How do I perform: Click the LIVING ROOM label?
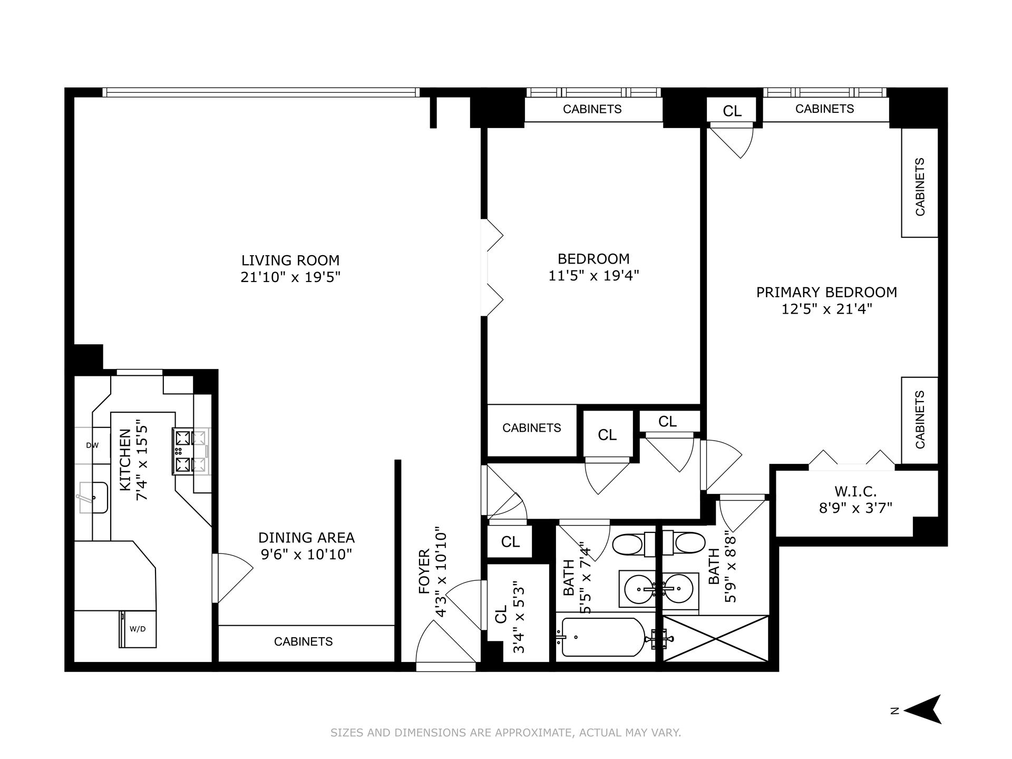pos(290,260)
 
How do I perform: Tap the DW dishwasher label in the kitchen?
pos(92,445)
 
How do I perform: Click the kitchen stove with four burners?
pos(190,451)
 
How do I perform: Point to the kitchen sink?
pos(94,498)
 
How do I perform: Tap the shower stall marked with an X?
pos(715,638)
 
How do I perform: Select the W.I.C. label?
pos(855,492)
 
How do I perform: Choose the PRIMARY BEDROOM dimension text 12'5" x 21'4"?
pos(826,309)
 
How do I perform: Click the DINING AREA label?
pos(306,538)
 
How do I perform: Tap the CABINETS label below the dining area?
pos(304,641)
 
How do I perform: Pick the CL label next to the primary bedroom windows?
pos(732,111)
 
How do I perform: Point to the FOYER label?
pos(425,572)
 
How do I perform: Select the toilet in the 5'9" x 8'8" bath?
pos(686,543)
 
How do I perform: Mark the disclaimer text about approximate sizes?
pos(505,733)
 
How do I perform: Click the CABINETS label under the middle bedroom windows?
pos(592,109)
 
